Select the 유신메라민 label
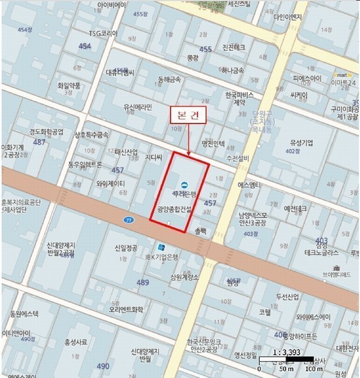pyautogui.click(x=138, y=107)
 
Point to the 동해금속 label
pyautogui.click(x=166, y=80)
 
